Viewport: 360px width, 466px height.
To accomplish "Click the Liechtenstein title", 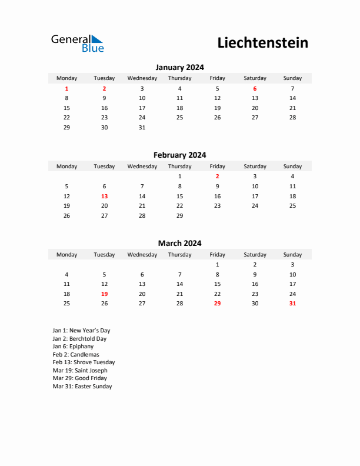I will pos(262,43).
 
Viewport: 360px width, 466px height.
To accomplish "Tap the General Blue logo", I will pos(77,43).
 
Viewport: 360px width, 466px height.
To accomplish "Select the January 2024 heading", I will pos(179,67).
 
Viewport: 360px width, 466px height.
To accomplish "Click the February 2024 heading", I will pos(179,155).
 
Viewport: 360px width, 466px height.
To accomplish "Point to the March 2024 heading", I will pos(179,243).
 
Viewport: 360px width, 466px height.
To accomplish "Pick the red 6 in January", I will pos(255,88).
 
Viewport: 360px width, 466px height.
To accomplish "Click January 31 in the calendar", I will pos(142,127).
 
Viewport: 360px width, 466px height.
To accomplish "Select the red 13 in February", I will pos(104,196).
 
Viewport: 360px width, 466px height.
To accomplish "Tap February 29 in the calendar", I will pos(179,215).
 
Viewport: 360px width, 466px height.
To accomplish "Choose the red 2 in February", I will pos(217,177).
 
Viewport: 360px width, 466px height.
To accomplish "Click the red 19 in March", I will pos(104,294).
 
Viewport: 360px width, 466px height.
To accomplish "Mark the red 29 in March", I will pos(217,304).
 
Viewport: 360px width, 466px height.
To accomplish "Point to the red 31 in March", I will pos(292,304).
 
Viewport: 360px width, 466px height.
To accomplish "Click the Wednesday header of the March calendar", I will pos(142,255).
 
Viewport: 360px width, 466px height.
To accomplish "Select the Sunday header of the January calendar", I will pos(292,78).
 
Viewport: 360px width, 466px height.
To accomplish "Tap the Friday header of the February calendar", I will pos(217,167).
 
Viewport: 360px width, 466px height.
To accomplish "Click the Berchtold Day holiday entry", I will pos(79,339).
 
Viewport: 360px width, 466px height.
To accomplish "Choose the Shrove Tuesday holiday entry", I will pos(84,362).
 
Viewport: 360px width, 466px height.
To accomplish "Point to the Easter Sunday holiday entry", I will pos(82,387).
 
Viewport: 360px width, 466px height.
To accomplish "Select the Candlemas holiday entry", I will pos(76,355).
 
